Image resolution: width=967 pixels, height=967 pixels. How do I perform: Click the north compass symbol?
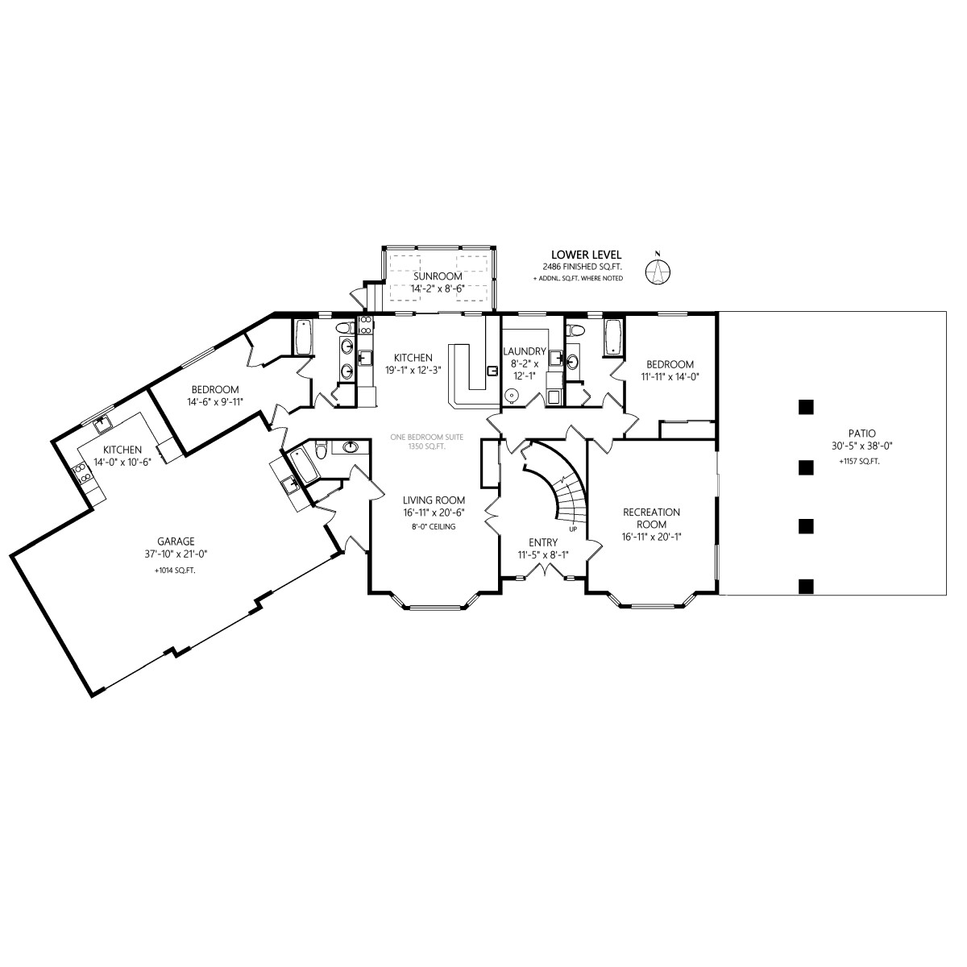pyautogui.click(x=658, y=272)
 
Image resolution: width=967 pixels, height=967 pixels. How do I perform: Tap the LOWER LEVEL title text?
pyautogui.click(x=586, y=255)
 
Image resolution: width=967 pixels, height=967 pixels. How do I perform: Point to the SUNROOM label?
pyautogui.click(x=438, y=276)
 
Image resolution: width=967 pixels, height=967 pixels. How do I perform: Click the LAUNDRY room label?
pyautogui.click(x=525, y=351)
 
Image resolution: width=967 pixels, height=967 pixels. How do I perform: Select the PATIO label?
pyautogui.click(x=861, y=433)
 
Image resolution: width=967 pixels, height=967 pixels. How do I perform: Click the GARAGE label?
pyautogui.click(x=176, y=542)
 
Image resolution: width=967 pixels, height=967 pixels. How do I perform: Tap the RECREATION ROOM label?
pyautogui.click(x=651, y=518)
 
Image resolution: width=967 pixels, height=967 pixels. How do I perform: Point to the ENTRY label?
pyautogui.click(x=543, y=542)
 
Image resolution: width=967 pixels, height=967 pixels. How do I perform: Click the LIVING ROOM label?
pyautogui.click(x=434, y=500)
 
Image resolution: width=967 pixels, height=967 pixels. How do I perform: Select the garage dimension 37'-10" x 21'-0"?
pyautogui.click(x=176, y=554)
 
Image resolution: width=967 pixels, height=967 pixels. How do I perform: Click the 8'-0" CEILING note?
pyautogui.click(x=435, y=526)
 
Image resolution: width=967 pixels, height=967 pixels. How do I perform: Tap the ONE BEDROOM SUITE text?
pyautogui.click(x=427, y=437)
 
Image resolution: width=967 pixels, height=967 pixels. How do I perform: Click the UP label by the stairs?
pyautogui.click(x=573, y=529)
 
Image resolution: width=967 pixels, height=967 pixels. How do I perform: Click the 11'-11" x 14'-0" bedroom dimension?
pyautogui.click(x=670, y=376)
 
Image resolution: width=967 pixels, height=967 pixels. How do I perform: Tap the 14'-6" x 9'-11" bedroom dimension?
pyautogui.click(x=215, y=401)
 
